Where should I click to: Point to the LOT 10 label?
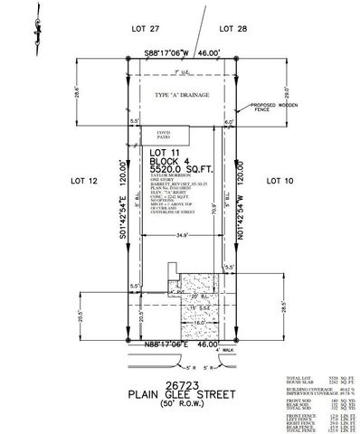pyautogui.click(x=278, y=181)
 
